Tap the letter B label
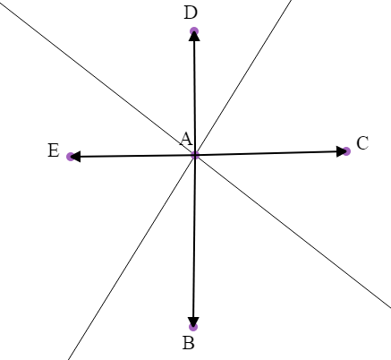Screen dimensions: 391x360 click(x=189, y=343)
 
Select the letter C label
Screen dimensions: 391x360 click(x=362, y=143)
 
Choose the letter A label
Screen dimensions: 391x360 click(x=186, y=139)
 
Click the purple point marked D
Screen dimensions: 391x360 click(x=194, y=32)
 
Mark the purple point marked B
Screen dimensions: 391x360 click(x=193, y=327)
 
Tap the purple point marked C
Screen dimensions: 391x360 click(x=346, y=151)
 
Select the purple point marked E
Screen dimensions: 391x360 click(x=70, y=157)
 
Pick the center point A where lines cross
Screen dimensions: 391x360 click(x=195, y=156)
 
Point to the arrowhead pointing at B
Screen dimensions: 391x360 click(x=193, y=321)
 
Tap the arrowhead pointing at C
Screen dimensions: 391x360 click(x=340, y=151)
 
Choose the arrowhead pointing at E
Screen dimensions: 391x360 click(x=76, y=157)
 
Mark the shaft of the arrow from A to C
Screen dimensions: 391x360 click(x=268, y=154)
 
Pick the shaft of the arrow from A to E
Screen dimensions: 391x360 click(x=134, y=157)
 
